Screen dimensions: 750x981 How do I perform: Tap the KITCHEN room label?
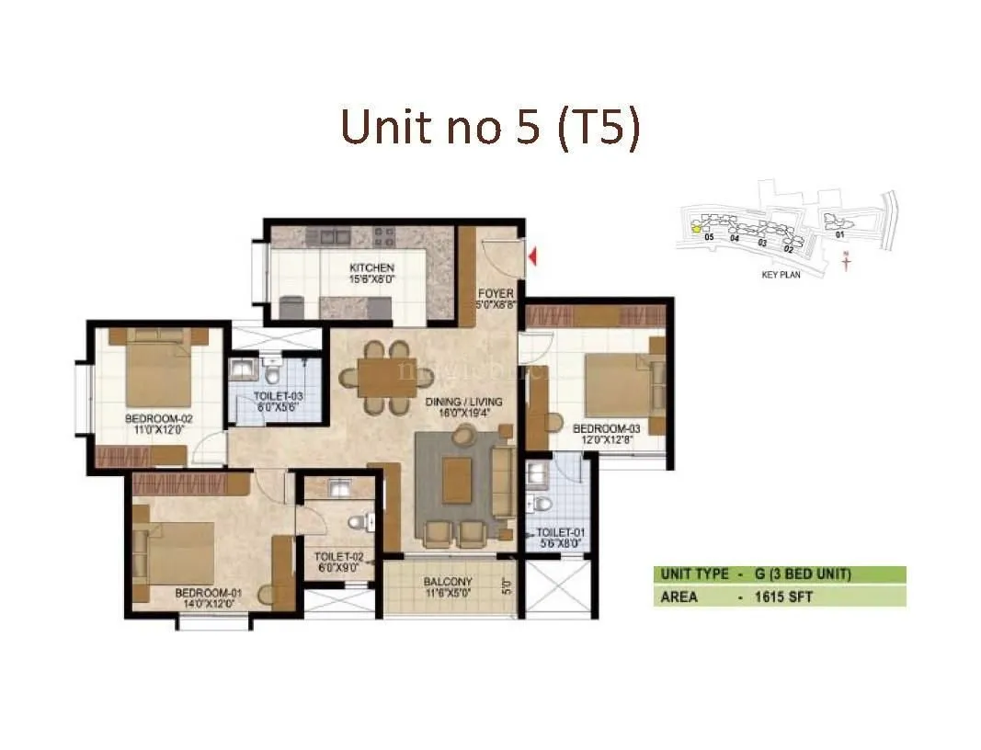coord(371,268)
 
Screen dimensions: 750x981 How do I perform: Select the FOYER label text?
coord(496,294)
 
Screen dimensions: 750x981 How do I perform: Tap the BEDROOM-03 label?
coord(605,428)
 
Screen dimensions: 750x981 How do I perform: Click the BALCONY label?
coord(448,582)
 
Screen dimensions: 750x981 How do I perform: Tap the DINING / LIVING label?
coord(454,402)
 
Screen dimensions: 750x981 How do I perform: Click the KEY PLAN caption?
coord(781,274)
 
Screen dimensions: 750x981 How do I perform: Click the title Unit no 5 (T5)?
coord(490,128)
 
